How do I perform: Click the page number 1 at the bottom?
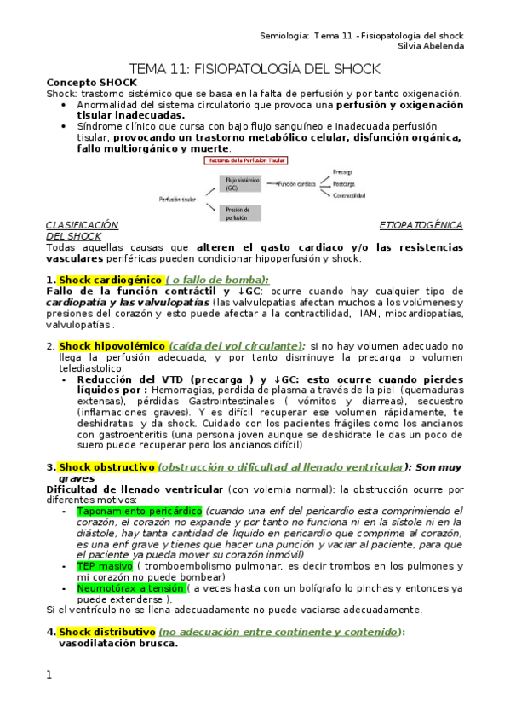49,675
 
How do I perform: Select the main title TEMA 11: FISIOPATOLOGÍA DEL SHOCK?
255,68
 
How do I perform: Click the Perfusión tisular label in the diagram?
177,199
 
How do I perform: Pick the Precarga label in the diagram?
343,171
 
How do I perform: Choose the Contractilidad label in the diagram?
350,195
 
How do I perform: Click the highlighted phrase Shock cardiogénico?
110,280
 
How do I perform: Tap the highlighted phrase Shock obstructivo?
107,467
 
